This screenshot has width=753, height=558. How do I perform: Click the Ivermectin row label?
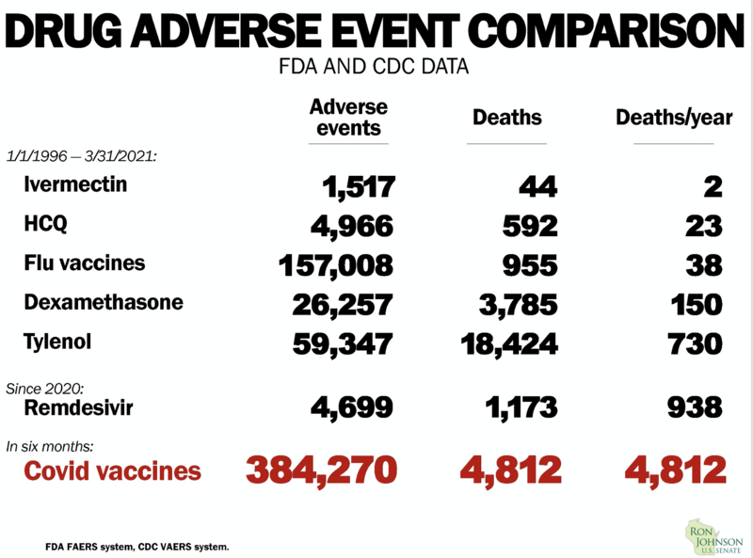75,184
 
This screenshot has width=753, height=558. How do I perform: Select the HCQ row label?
46,226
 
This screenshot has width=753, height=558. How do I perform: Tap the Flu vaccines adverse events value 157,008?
336,265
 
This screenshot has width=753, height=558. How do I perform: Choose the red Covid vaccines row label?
113,470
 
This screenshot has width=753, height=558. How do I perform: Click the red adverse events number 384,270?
323,469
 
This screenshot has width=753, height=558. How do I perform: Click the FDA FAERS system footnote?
136,546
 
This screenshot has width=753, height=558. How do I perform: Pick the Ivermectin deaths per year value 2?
713,187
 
